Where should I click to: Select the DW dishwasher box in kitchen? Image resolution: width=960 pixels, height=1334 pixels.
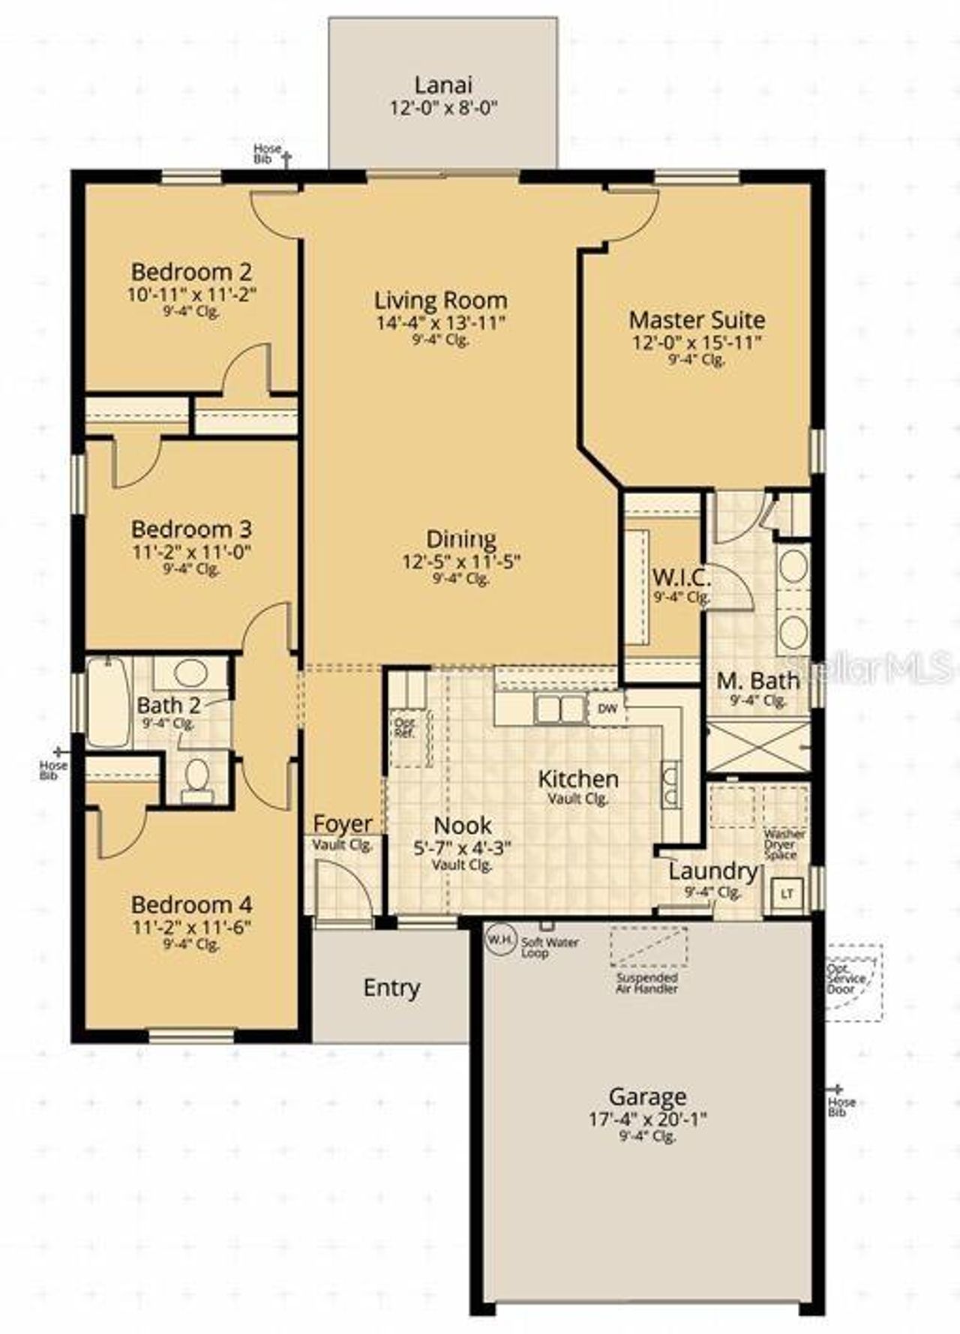tap(607, 708)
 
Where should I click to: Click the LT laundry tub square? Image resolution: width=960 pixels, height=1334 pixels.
tap(787, 893)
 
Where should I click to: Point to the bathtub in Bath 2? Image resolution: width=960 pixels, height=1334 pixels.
tap(108, 702)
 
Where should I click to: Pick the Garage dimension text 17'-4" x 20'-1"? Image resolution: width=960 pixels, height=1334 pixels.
tap(647, 1120)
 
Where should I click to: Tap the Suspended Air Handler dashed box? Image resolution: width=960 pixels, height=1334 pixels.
tap(648, 946)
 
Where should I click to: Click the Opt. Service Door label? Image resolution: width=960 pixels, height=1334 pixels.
tap(846, 979)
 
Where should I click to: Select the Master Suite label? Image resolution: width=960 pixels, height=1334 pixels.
tap(697, 320)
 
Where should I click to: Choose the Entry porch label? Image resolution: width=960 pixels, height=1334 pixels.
tap(391, 988)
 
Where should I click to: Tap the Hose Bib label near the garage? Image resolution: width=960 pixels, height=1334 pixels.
tap(841, 1106)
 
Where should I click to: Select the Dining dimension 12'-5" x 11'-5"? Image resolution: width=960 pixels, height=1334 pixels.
tap(461, 561)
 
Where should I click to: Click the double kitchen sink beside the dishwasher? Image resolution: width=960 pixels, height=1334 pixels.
tap(560, 708)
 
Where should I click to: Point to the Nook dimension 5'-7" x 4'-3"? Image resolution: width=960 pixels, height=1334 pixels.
tap(463, 848)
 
